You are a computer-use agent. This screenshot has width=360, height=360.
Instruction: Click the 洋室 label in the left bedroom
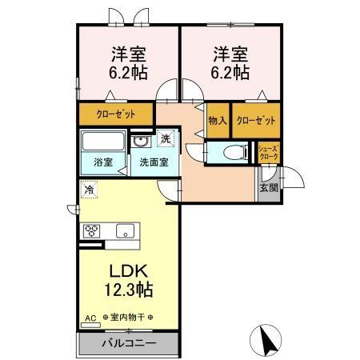[128, 55]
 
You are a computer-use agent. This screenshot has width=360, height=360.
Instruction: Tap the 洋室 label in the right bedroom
[230, 55]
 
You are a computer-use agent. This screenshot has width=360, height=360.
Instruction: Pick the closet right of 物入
[258, 120]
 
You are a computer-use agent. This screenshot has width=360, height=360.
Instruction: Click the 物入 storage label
[218, 120]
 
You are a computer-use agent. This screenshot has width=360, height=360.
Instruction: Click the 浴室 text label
[102, 162]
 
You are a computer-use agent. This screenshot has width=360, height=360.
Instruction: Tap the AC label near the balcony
[89, 318]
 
